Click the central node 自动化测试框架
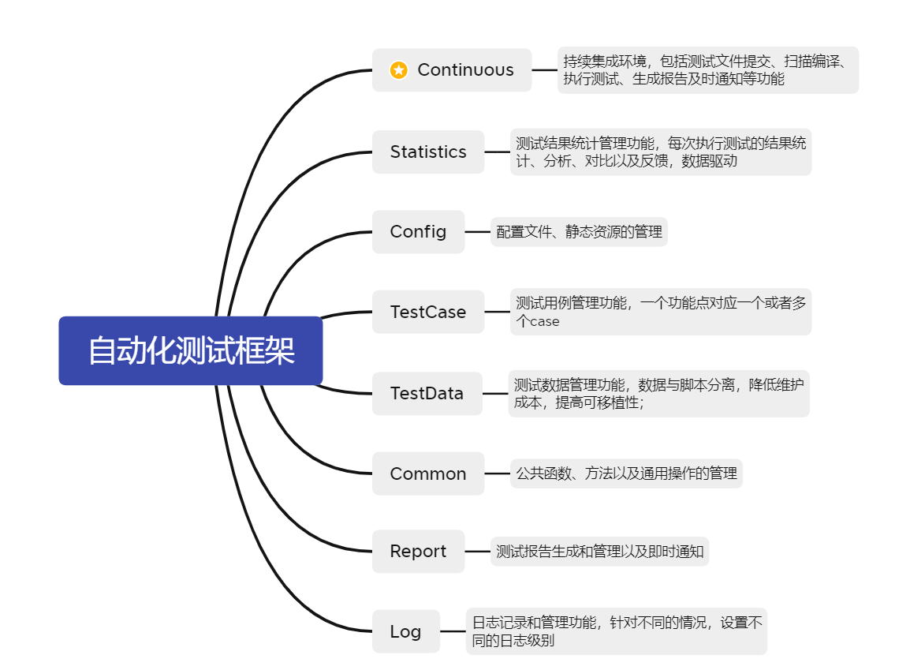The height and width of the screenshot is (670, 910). [x=191, y=350]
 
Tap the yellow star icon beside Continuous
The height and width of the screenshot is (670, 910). [x=399, y=70]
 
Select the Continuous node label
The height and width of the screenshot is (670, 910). [x=465, y=70]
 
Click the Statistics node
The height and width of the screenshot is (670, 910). [x=428, y=152]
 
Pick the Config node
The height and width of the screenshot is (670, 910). [x=418, y=231]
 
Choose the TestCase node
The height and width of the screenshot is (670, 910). [x=428, y=312]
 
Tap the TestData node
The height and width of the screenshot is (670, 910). [x=427, y=393]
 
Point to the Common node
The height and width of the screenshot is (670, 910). [x=428, y=473]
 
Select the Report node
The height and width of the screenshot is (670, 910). [x=418, y=551]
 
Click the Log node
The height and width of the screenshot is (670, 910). [x=405, y=631]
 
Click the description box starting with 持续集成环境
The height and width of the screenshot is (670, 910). [x=707, y=70]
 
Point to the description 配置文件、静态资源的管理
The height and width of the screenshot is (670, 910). [x=579, y=232]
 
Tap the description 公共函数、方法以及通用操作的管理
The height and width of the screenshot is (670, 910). [x=626, y=473]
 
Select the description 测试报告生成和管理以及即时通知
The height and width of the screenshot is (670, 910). [x=599, y=551]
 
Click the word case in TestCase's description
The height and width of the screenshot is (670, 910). [x=544, y=322]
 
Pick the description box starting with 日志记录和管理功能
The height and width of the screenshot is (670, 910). [x=617, y=631]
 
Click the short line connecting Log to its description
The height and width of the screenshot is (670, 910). [x=453, y=631]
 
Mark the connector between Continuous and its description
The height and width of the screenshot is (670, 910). [x=544, y=70]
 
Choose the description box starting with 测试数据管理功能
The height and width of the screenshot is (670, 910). [x=658, y=393]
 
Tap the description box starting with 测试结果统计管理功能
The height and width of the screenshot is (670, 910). [x=661, y=152]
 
